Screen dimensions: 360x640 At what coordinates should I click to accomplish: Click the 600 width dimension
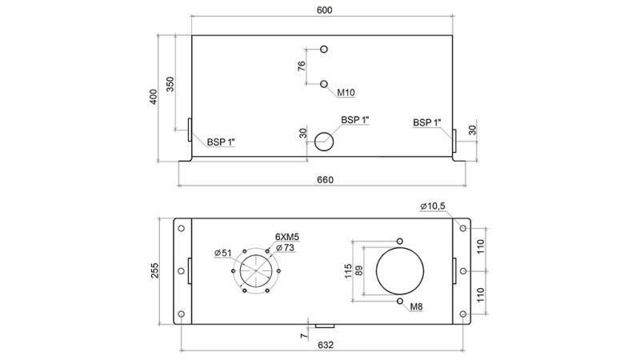click(x=324, y=10)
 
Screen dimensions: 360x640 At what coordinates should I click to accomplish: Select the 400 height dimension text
click(x=154, y=96)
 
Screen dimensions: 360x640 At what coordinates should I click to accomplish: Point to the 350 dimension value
click(x=170, y=84)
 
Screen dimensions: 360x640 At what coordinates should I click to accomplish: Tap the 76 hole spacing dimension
click(x=302, y=66)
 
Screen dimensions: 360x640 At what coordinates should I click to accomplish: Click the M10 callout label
click(x=346, y=93)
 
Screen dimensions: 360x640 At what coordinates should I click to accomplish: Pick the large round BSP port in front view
click(x=324, y=141)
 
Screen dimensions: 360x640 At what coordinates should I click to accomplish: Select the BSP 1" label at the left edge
click(x=221, y=142)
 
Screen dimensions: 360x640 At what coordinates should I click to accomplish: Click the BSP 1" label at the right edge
click(x=427, y=122)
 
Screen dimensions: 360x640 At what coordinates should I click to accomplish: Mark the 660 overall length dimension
click(x=324, y=179)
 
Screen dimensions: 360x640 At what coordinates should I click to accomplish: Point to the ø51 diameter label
click(x=223, y=254)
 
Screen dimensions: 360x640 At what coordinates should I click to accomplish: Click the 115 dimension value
click(x=348, y=271)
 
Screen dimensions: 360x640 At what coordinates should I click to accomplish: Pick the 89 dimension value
click(x=359, y=271)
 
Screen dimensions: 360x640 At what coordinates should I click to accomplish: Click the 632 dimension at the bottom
click(x=324, y=345)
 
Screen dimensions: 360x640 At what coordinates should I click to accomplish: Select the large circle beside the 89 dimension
click(x=399, y=270)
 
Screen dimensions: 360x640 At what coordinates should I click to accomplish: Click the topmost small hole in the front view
click(x=324, y=50)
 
